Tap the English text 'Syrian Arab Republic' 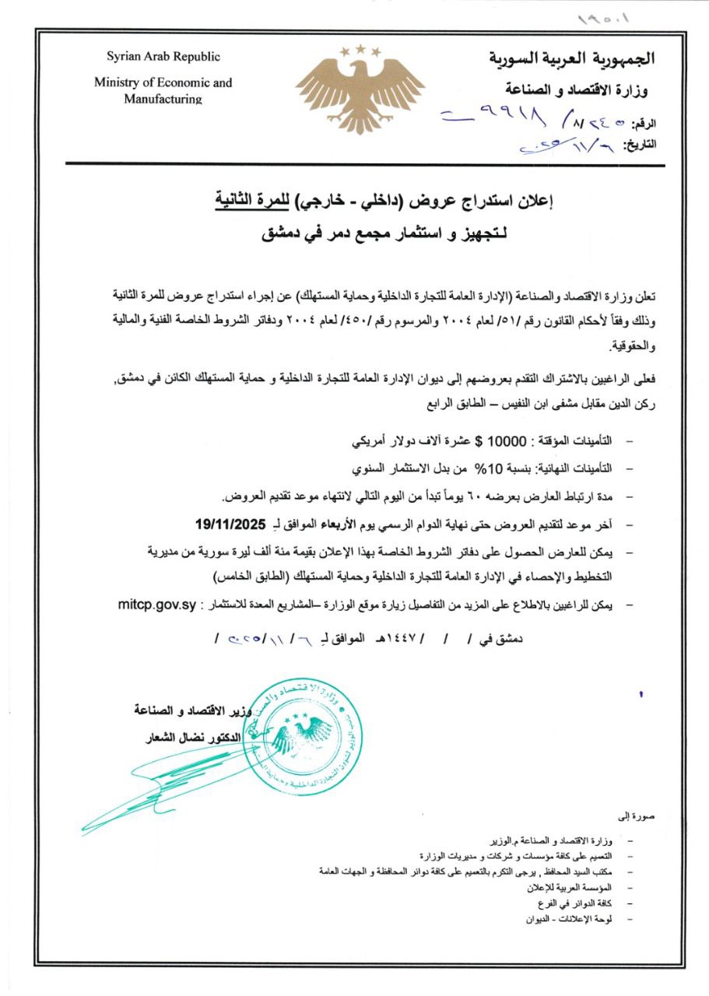tap(163, 57)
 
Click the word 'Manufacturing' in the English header tap(163, 99)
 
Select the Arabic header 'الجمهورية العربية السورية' tap(572, 58)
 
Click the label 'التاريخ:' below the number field tap(637, 144)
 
